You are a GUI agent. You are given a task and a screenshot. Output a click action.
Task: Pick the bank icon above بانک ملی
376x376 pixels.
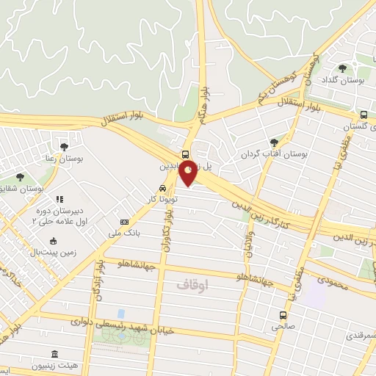click(125, 222)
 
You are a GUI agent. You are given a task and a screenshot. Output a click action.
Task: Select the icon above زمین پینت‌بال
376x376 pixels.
click(53, 240)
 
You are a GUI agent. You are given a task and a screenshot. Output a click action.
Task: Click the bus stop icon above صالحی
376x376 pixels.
click(283, 315)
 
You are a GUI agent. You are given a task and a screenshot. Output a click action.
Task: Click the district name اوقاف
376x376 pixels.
click(192, 283)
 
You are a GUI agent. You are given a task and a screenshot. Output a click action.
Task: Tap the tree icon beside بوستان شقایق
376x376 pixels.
click(20, 177)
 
